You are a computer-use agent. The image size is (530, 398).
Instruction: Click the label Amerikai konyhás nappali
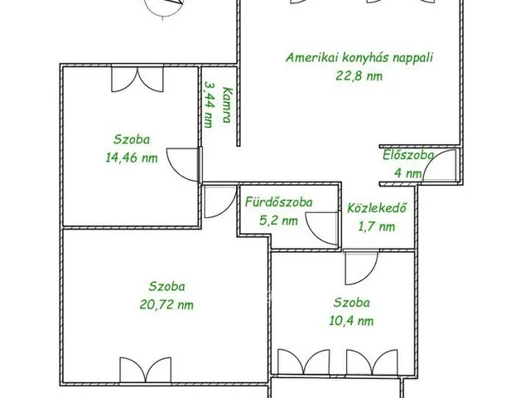359,57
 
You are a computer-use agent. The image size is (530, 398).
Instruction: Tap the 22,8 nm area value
359,75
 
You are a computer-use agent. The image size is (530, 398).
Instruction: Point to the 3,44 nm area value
210,104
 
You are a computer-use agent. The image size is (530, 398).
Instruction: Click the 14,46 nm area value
132,158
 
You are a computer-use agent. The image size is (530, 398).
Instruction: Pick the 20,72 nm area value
166,305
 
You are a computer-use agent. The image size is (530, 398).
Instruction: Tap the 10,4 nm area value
351,321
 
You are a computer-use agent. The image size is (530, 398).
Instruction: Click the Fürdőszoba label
278,202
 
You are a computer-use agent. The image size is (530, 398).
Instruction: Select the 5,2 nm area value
278,221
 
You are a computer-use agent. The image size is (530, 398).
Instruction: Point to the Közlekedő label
377,208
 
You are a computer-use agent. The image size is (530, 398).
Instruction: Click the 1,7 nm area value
377,226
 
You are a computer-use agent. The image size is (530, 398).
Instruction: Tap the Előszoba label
408,155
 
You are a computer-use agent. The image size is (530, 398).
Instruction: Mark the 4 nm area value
408,173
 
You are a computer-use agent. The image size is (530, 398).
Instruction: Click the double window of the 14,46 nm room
137,80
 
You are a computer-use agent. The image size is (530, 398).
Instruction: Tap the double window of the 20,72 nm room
146,370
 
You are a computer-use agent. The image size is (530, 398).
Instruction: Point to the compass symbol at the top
164,7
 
